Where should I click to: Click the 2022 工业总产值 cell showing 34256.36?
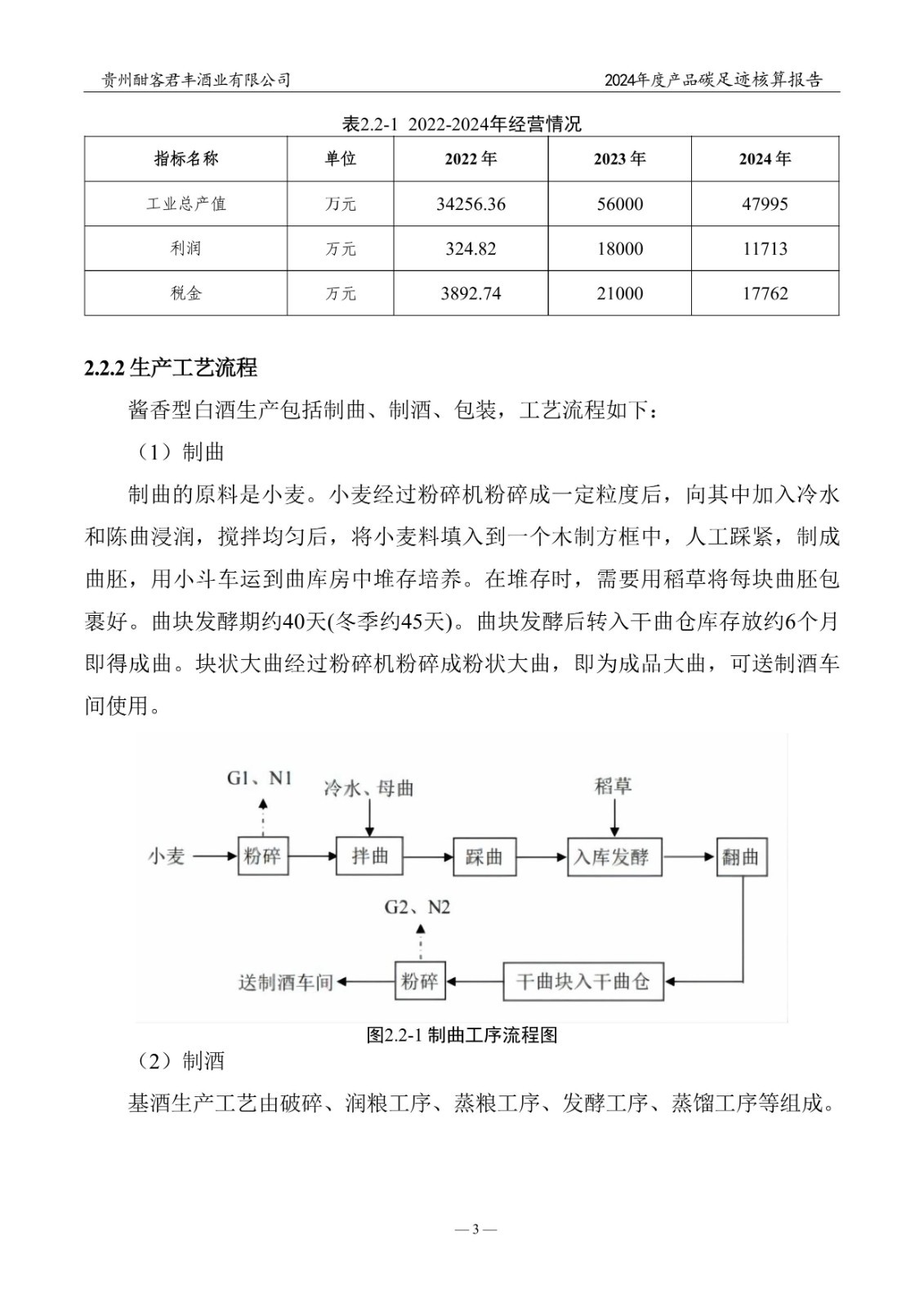click(471, 204)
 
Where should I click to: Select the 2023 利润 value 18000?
click(619, 249)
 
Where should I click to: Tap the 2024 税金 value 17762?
click(765, 294)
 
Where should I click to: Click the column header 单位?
click(340, 159)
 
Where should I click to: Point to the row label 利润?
click(185, 249)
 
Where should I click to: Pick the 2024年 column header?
click(765, 159)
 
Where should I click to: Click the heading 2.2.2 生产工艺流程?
click(171, 368)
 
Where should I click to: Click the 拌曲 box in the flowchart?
click(369, 857)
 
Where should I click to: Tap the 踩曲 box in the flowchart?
click(484, 857)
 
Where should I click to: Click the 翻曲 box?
click(741, 857)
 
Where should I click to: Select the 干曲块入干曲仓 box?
click(582, 981)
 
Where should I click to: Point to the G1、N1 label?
click(259, 778)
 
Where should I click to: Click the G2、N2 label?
click(417, 908)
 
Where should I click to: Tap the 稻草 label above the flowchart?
click(614, 786)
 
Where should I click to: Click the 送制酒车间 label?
click(286, 982)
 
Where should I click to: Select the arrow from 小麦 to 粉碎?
click(212, 857)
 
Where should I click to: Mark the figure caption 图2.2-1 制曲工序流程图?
click(462, 1036)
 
